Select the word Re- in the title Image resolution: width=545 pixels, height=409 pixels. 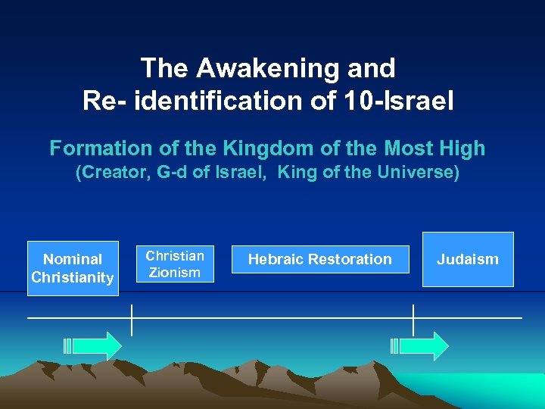106,100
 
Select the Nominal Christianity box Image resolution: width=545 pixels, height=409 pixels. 73,268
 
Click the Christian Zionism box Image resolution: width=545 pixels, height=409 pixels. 174,264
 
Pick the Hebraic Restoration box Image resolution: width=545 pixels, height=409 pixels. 320,260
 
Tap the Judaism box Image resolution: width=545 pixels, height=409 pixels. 468,259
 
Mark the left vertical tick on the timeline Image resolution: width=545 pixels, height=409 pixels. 132,319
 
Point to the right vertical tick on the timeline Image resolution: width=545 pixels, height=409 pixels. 413,319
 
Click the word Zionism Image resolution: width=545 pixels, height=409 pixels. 174,272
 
